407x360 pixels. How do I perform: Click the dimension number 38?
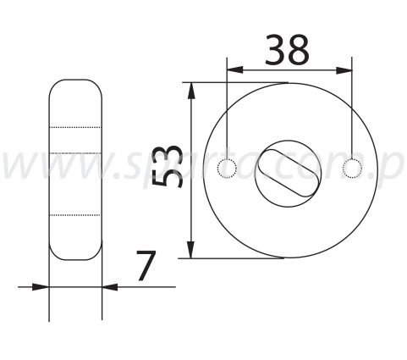[x=287, y=51]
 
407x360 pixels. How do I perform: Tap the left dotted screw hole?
[x=226, y=169]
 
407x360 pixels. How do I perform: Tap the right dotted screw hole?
[x=351, y=169]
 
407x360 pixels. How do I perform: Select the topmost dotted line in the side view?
[x=75, y=126]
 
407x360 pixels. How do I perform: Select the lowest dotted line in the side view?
[x=75, y=215]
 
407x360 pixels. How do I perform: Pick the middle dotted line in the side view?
[x=75, y=151]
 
